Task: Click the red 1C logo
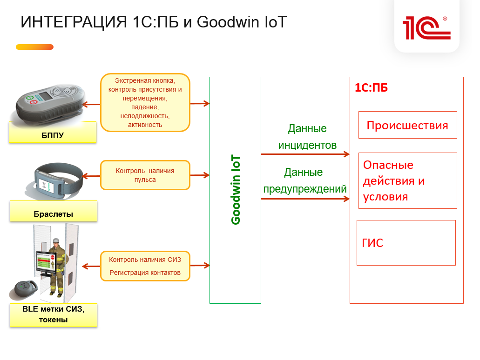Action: click(x=426, y=28)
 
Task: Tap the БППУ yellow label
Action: click(x=53, y=132)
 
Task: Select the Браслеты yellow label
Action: click(x=53, y=211)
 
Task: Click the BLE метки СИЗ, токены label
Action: click(x=53, y=315)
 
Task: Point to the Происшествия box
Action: click(x=407, y=125)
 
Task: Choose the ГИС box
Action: click(x=406, y=243)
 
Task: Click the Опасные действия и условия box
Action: click(x=407, y=181)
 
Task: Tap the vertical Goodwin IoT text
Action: click(x=236, y=190)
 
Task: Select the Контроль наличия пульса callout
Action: click(x=145, y=175)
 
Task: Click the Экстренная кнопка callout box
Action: click(x=145, y=103)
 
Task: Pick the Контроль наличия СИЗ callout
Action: click(x=145, y=266)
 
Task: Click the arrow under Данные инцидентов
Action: click(x=305, y=154)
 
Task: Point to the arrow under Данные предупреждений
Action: click(x=305, y=199)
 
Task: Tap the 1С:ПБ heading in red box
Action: click(x=371, y=88)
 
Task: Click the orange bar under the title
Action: click(x=34, y=47)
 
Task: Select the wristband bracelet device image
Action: click(x=55, y=180)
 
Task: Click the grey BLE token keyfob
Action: click(x=24, y=289)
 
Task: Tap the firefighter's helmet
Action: click(x=56, y=240)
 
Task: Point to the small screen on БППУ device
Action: click(x=46, y=96)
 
